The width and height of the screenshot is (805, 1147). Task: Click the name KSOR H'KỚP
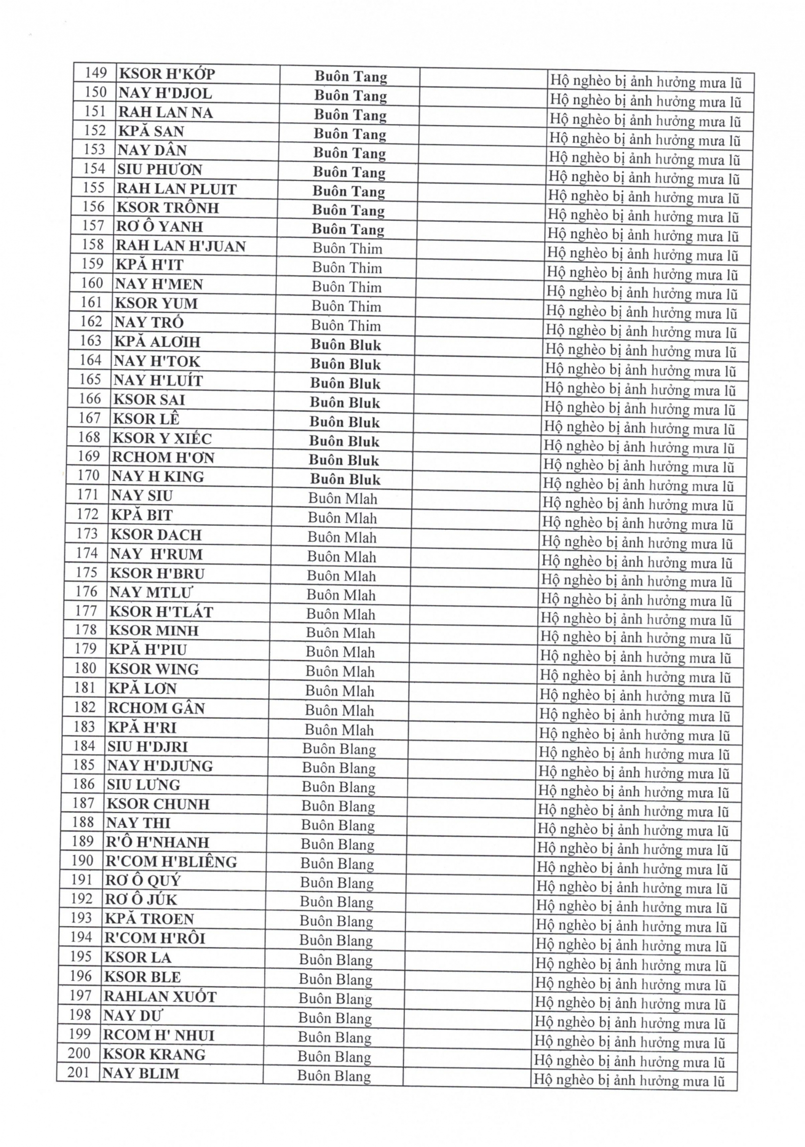pos(167,74)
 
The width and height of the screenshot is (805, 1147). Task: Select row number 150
pos(96,92)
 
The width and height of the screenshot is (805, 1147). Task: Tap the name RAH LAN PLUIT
pos(177,189)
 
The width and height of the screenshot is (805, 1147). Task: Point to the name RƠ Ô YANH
pos(159,227)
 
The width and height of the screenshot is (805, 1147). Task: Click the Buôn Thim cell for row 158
pos(347,248)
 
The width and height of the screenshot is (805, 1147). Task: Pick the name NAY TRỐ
pos(149,322)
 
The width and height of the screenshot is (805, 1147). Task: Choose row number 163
pos(91,341)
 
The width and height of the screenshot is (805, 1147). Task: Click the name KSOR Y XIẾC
pos(162,438)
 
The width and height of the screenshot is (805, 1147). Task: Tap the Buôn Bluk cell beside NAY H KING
pos(345,479)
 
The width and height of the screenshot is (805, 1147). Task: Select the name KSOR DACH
pos(156,534)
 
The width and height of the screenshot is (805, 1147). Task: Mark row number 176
pos(87,592)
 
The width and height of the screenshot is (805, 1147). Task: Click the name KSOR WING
pos(154,669)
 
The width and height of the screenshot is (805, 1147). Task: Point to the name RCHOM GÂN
pos(156,708)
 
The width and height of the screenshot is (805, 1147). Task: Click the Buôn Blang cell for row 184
pos(339,749)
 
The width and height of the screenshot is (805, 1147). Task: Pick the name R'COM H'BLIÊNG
pos(171,862)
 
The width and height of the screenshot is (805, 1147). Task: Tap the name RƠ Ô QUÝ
pos(143,881)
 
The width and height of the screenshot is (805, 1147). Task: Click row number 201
pos(79,1073)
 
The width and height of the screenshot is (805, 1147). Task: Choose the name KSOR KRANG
pos(154,1054)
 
